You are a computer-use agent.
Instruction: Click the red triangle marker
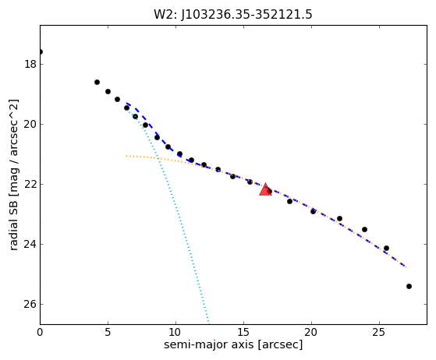[x=265, y=190]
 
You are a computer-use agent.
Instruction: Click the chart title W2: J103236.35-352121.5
[x=233, y=15]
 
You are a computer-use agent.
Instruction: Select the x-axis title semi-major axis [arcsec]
[x=233, y=344]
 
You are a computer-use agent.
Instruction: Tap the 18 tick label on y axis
[x=30, y=64]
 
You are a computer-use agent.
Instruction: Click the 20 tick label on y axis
[x=30, y=124]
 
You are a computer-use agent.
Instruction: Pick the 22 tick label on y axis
[x=30, y=184]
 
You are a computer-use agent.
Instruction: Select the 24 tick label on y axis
[x=30, y=244]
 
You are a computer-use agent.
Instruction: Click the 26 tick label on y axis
[x=30, y=304]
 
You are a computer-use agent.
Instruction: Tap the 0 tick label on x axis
[x=40, y=332]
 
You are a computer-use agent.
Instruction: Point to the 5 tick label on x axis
[x=108, y=332]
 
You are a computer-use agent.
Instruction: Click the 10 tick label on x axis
[x=175, y=332]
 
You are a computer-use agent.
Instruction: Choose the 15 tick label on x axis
[x=243, y=332]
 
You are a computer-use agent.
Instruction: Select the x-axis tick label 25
[x=379, y=332]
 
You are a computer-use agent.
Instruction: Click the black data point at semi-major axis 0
[x=41, y=52]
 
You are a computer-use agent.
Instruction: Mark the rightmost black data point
[x=409, y=287]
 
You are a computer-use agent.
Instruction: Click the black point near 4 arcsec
[x=97, y=83]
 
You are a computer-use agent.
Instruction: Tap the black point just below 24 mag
[x=386, y=248]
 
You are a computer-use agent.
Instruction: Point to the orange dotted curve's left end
[x=127, y=156]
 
